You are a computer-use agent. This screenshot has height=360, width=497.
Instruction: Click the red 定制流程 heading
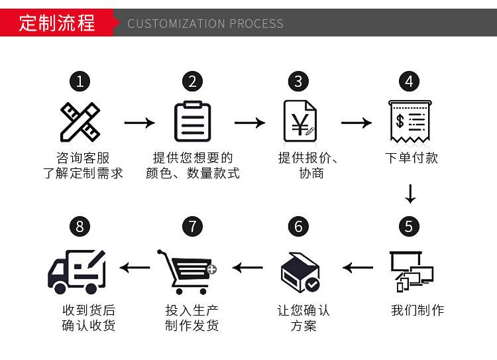(57, 23)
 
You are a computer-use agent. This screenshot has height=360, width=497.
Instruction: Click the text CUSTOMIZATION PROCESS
(205, 23)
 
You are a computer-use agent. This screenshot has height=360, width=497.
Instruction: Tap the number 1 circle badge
(80, 82)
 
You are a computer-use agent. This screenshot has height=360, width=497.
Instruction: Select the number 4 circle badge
(410, 82)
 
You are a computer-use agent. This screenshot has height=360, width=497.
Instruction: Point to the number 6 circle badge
(298, 227)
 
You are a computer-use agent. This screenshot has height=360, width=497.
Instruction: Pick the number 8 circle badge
(80, 227)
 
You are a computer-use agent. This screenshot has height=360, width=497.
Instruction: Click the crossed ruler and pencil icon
(80, 122)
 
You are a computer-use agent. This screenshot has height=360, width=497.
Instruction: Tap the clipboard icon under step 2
(193, 121)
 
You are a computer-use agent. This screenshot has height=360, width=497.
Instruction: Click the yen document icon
(300, 121)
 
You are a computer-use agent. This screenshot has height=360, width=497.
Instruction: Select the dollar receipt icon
(410, 122)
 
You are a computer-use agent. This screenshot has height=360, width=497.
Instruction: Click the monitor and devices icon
(412, 272)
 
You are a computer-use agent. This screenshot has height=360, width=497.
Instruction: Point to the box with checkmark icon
(300, 272)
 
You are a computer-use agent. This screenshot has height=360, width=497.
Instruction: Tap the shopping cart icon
(187, 272)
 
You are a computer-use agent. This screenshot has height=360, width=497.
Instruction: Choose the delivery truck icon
(76, 272)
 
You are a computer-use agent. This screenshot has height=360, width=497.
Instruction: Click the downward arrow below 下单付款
(410, 194)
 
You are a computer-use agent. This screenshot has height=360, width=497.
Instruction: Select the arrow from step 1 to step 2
(139, 123)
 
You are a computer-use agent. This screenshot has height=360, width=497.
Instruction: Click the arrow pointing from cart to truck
(135, 268)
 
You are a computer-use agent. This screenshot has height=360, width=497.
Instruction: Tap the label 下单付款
(412, 158)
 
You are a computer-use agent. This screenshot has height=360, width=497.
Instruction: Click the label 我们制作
(417, 310)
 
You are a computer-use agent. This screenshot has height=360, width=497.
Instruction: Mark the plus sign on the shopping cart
(212, 270)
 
